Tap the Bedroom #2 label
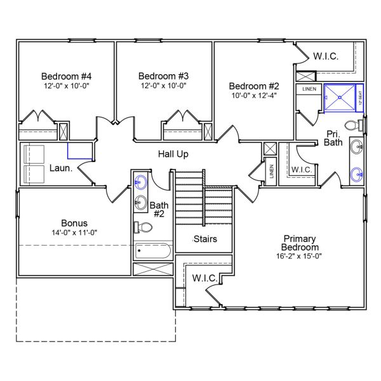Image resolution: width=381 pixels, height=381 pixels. coord(253,86)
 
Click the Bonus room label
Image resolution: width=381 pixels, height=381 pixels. coord(74,223)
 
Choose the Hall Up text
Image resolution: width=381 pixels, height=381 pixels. coord(173,154)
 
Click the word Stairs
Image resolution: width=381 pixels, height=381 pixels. coord(205,239)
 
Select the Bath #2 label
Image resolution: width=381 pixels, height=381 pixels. coord(158,210)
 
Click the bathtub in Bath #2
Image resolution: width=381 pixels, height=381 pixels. coord(153,251)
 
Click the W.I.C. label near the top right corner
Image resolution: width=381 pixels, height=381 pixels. coord(325,57)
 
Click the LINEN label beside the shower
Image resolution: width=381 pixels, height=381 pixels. coord(309,89)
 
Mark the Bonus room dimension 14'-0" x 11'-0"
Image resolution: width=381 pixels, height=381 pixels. coord(74,232)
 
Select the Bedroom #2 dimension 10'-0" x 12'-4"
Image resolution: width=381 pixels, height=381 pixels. coord(253,96)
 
